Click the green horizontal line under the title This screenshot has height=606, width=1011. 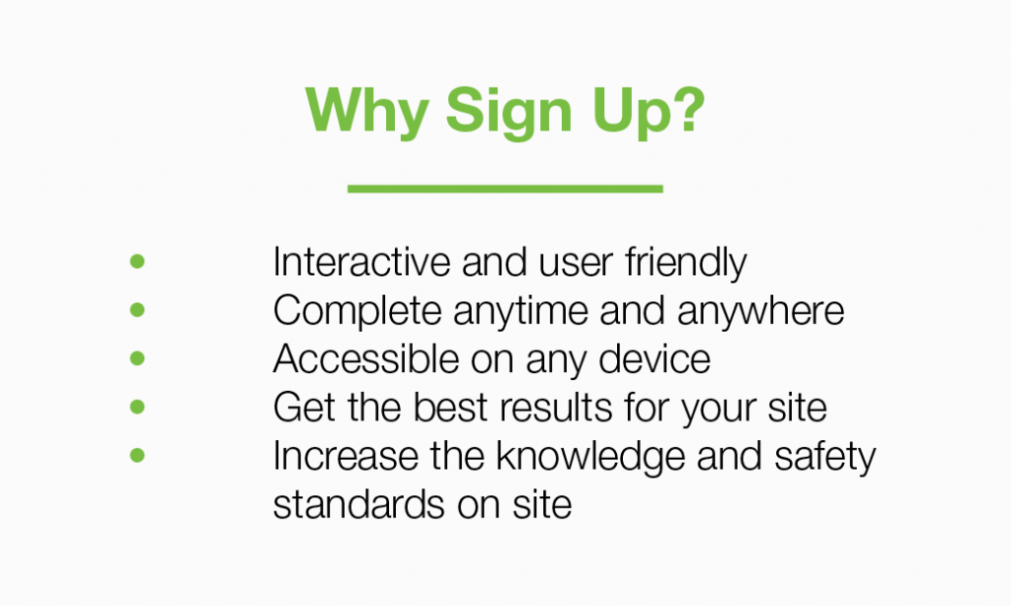point(505,189)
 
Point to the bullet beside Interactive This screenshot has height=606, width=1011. point(137,262)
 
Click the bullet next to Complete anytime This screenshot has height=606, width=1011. point(137,310)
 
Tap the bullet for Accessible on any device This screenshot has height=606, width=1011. point(137,358)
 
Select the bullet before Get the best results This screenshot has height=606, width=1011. point(137,407)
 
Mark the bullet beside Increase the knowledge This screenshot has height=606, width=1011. point(137,455)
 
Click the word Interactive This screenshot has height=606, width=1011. point(361,262)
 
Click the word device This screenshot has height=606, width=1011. point(655,358)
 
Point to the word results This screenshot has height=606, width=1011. point(556,408)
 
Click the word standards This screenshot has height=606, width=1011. point(358,504)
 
